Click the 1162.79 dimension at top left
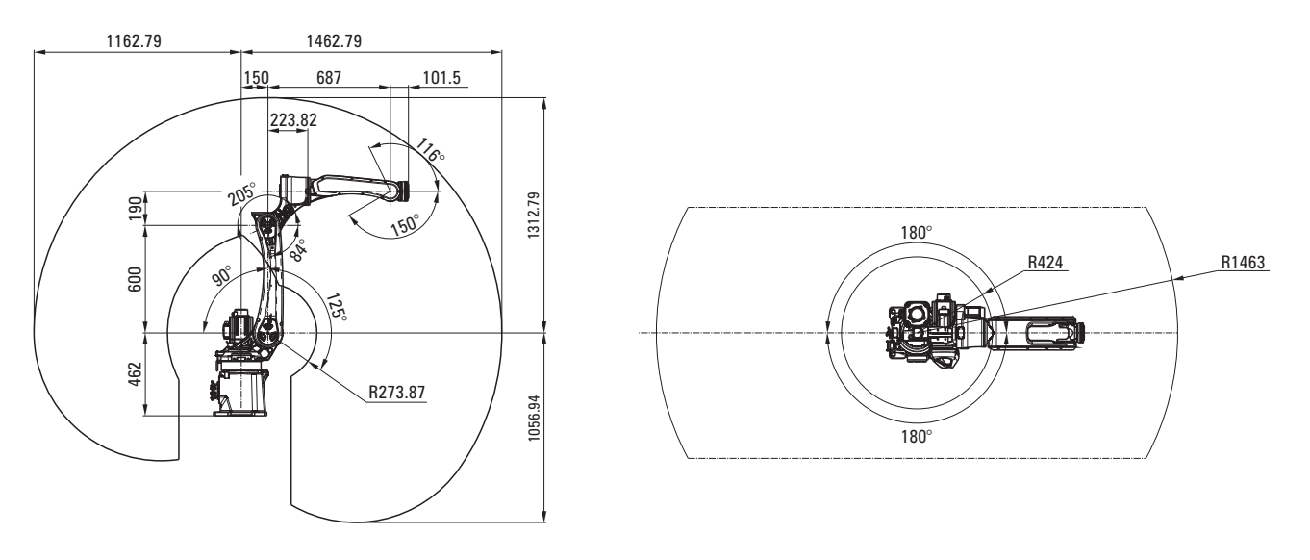tap(134, 41)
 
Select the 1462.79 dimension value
tap(334, 41)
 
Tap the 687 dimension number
tap(329, 78)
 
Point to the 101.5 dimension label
tap(441, 78)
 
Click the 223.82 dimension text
tap(293, 120)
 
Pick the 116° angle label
tap(431, 150)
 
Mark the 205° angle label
tap(241, 194)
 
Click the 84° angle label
tap(297, 250)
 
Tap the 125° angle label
tap(337, 307)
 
